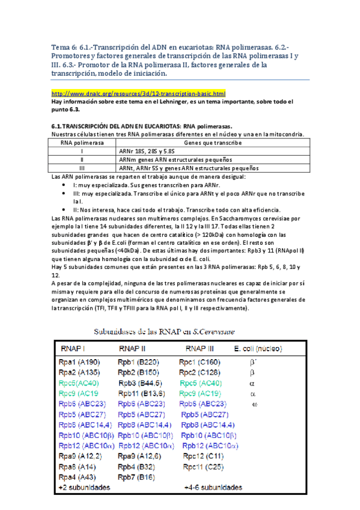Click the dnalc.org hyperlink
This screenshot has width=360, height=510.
click(139, 94)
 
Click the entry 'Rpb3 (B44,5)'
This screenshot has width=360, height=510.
click(143, 382)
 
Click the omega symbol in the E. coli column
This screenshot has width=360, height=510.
click(254, 404)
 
